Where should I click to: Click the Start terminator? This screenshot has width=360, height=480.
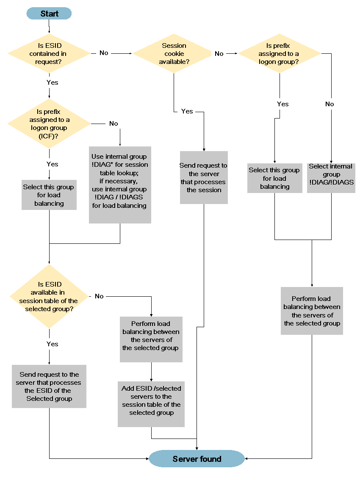pos(49,14)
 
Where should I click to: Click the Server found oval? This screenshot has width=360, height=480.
pos(197,459)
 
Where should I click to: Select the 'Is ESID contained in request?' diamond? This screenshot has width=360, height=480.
pos(48,54)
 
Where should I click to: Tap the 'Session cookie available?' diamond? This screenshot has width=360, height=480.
pos(174,54)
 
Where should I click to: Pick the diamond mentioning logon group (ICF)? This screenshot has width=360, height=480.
pos(49,124)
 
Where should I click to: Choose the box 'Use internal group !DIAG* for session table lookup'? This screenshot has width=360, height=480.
pos(120,185)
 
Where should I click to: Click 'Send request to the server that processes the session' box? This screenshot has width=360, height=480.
pos(204,178)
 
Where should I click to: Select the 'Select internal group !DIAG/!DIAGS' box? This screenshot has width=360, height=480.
pos(331,178)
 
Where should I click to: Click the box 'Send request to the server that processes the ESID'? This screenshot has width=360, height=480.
pos(49,386)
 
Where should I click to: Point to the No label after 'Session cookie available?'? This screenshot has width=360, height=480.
pos(219,54)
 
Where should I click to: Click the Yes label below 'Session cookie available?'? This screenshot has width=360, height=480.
pos(187,111)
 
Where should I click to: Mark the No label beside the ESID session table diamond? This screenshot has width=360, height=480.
pos(99,296)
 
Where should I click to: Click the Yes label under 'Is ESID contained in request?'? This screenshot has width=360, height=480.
pos(52,83)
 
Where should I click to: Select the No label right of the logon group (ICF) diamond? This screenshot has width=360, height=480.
pos(114,124)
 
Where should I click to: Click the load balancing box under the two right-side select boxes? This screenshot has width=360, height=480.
pos(312,311)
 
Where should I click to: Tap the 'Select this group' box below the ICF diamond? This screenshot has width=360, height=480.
pos(49,195)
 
